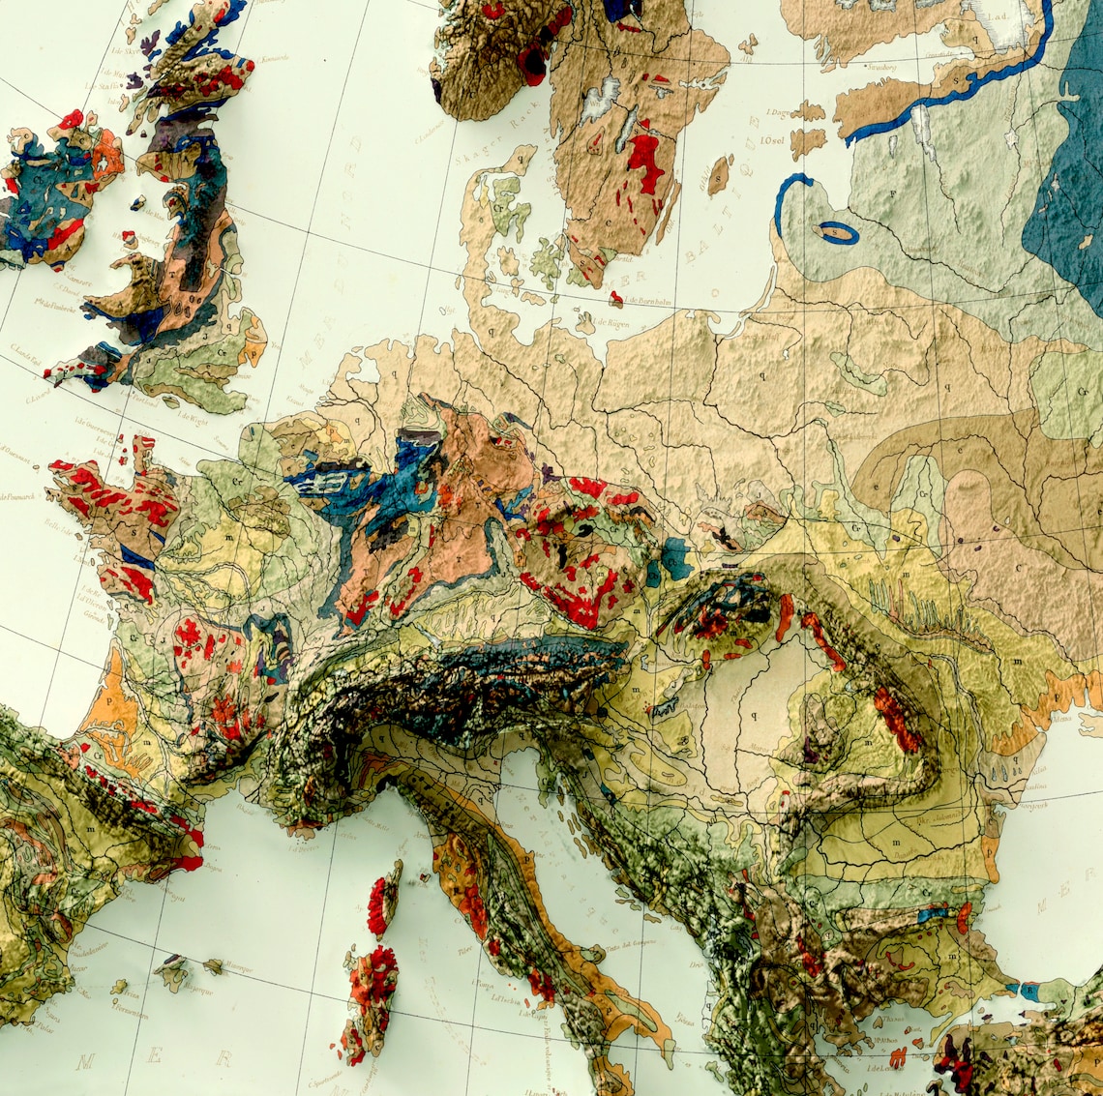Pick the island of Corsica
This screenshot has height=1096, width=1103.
click(384, 899)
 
